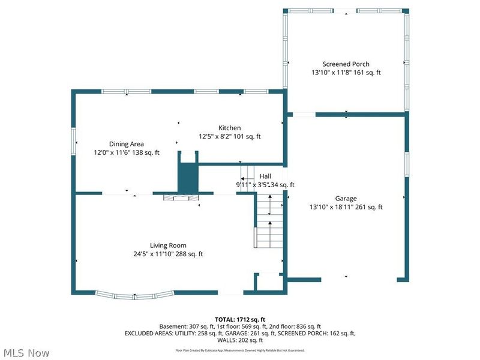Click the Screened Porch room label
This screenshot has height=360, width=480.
[346, 64]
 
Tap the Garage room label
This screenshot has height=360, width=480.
[346, 199]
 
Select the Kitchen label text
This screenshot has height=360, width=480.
[229, 128]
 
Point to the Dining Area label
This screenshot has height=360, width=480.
[126, 144]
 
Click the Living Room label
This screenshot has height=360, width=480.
[168, 245]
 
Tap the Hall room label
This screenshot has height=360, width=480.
[265, 176]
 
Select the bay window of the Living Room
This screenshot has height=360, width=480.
[135, 295]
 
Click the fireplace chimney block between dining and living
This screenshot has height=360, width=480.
[188, 174]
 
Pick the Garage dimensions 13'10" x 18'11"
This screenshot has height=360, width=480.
[346, 207]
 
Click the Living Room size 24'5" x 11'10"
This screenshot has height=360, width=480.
[168, 254]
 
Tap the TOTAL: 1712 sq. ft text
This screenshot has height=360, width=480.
[239, 319]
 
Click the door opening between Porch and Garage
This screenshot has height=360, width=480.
[303, 114]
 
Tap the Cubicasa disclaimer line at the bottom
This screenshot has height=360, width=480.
[239, 349]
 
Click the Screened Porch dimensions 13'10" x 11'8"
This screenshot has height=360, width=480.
[346, 73]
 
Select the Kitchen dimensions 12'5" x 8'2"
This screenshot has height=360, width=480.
[229, 136]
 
